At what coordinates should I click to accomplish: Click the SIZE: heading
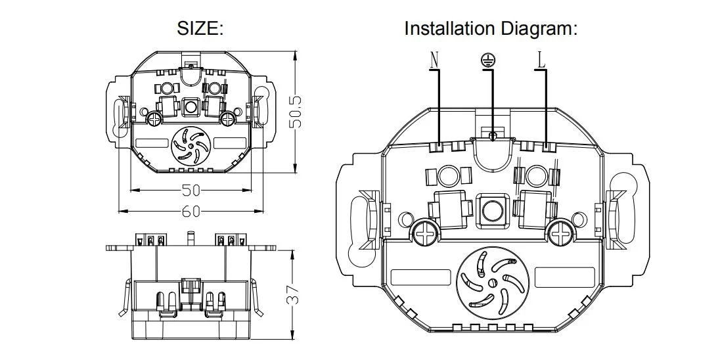[201, 29]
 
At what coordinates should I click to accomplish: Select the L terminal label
[541, 60]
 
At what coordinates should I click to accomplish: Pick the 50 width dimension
[191, 191]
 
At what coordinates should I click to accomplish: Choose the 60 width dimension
[191, 211]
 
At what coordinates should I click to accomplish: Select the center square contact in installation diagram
[491, 209]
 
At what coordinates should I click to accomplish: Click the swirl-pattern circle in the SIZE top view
[191, 148]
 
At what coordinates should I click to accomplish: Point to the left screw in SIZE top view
[154, 118]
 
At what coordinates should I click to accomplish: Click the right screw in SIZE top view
[227, 118]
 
